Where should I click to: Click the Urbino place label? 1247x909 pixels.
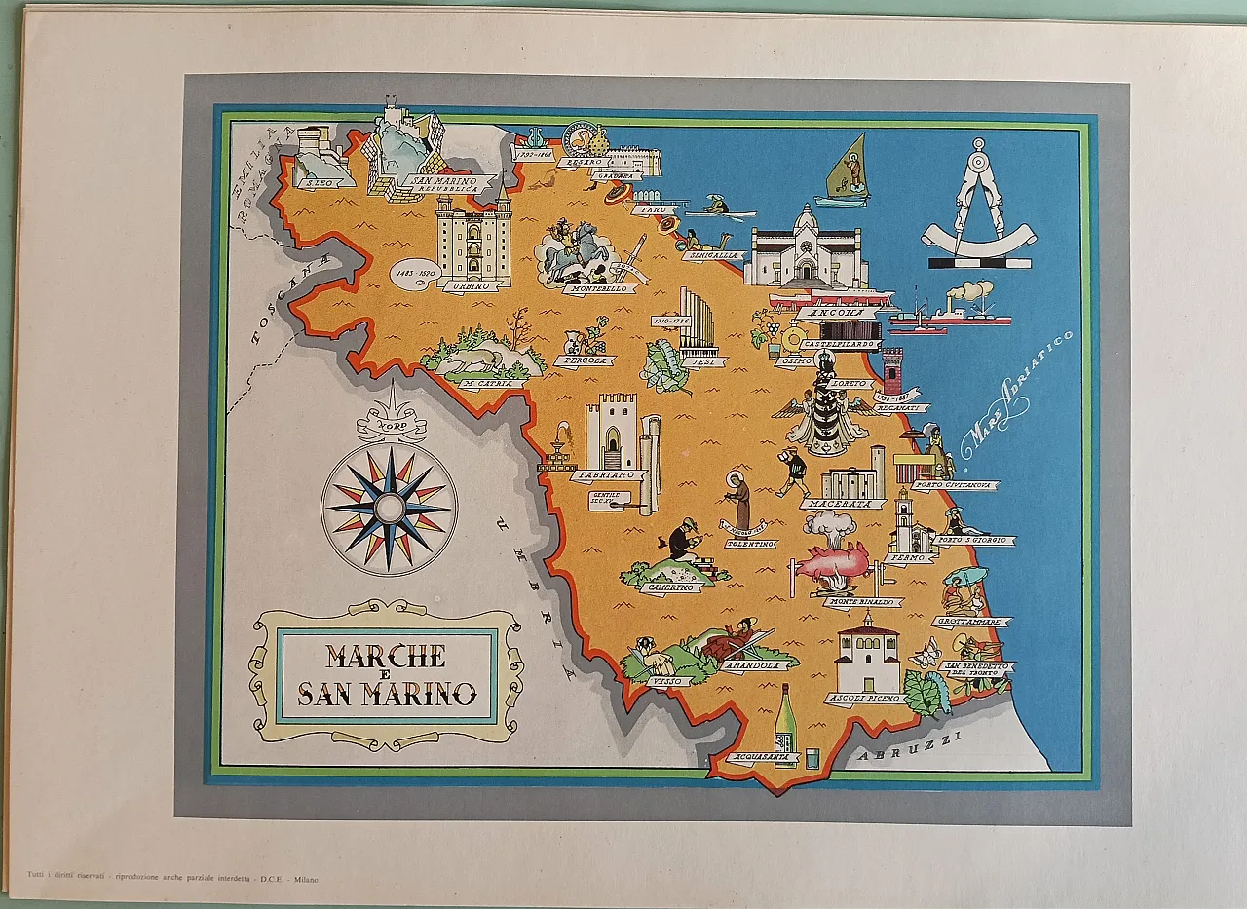pyautogui.click(x=472, y=286)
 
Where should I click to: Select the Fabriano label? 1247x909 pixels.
pyautogui.click(x=607, y=475)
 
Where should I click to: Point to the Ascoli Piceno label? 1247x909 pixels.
pyautogui.click(x=862, y=699)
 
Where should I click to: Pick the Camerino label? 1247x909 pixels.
pyautogui.click(x=670, y=587)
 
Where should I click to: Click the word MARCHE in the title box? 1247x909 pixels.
pyautogui.click(x=386, y=656)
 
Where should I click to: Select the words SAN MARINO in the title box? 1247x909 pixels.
pyautogui.click(x=387, y=694)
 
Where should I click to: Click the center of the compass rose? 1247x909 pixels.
pyautogui.click(x=389, y=508)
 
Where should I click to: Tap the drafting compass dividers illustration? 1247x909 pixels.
pyautogui.click(x=978, y=203)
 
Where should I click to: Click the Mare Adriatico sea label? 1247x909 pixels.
pyautogui.click(x=1015, y=395)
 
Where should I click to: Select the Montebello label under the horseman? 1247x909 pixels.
pyautogui.click(x=600, y=289)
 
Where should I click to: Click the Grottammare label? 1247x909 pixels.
pyautogui.click(x=971, y=622)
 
